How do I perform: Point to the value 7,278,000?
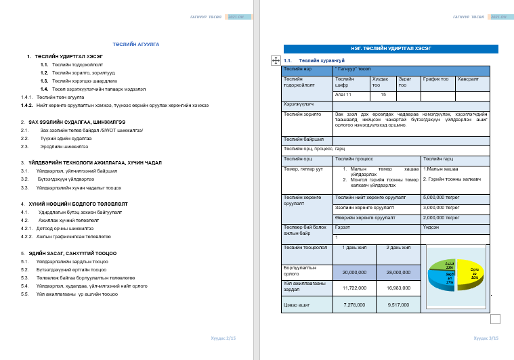click(x=354, y=305)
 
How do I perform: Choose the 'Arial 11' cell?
click(x=351, y=95)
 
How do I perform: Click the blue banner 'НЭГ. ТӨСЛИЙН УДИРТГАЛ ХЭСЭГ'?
click(x=391, y=49)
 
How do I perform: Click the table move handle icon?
click(x=276, y=60)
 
